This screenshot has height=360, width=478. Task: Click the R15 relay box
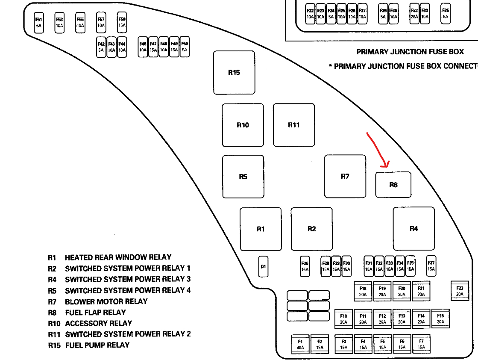[234, 73]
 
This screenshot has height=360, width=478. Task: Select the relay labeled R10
[243, 125]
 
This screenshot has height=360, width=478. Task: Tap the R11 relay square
[294, 125]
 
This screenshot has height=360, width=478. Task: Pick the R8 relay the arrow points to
[393, 185]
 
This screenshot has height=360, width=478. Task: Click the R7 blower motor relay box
[345, 176]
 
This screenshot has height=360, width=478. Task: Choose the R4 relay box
[413, 229]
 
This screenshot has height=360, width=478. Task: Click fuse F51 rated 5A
[39, 22]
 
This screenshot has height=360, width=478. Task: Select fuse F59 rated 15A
[122, 22]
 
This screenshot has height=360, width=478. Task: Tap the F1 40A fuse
[300, 344]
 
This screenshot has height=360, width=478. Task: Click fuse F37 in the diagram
[431, 266]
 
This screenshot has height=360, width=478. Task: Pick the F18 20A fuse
[363, 291]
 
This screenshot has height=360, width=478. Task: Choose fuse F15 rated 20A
[440, 319]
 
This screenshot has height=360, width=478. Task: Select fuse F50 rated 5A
[185, 47]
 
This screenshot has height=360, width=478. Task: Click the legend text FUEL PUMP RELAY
[97, 345]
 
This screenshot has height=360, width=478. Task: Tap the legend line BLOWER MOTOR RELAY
[106, 301]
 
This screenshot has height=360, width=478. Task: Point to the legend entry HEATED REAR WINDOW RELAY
[118, 257]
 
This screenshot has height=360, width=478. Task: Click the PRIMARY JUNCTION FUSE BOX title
[410, 52]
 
